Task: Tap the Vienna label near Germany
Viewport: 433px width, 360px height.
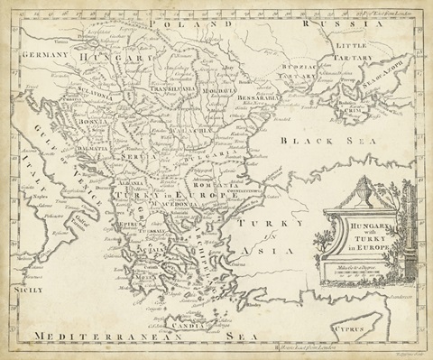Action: click(61, 42)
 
